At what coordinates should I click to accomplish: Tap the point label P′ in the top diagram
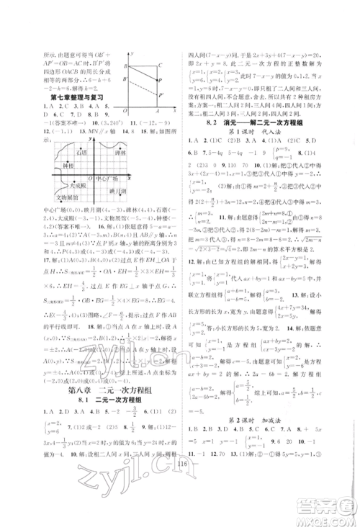click(161, 93)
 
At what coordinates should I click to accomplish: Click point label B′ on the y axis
click(126, 78)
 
